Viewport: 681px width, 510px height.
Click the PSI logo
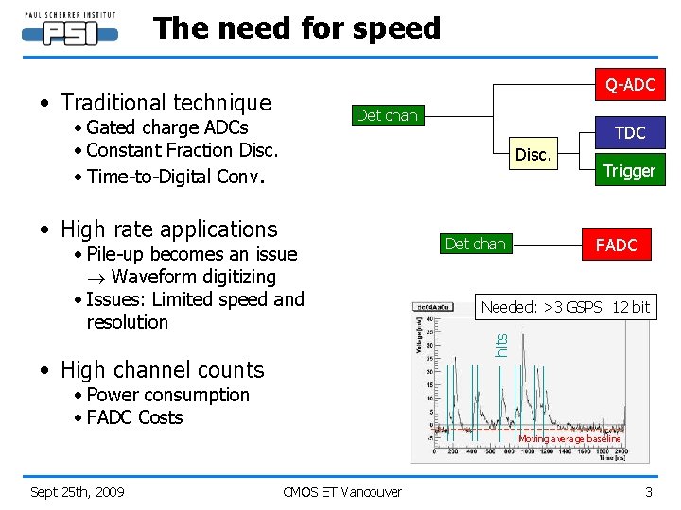69,28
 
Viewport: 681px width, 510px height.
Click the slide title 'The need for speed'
297,28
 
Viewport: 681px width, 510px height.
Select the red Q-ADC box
629,86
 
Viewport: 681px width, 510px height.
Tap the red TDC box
629,132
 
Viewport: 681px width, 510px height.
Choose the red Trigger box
629,171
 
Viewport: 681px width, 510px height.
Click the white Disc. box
533,154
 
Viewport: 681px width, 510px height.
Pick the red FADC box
616,246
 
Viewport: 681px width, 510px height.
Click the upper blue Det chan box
386,115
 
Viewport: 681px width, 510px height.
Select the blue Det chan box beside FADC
475,244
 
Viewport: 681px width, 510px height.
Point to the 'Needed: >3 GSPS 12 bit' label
566,306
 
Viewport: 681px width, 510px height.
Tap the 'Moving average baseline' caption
569,438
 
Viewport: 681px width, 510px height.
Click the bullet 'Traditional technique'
166,102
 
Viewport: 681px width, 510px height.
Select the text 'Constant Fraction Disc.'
182,150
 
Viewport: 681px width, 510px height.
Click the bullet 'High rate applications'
168,229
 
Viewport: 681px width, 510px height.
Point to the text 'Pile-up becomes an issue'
191,254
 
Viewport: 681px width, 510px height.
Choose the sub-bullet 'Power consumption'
167,395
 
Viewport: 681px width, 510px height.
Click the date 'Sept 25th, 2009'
77,491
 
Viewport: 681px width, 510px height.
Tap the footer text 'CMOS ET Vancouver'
341,491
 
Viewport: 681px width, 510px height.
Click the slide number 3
648,491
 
